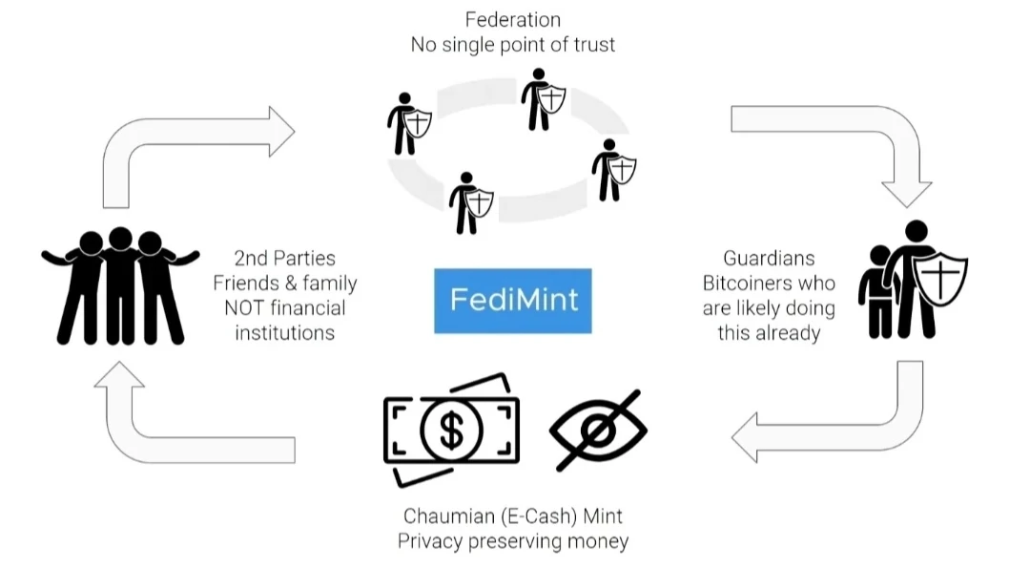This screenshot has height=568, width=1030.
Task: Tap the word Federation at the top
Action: click(513, 19)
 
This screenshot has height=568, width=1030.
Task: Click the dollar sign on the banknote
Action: click(451, 430)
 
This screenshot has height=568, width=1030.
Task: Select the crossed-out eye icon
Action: click(598, 429)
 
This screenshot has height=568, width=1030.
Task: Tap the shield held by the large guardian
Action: click(939, 278)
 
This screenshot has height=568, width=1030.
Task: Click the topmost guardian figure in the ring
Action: click(540, 99)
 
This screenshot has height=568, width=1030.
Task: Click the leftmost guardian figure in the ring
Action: click(404, 124)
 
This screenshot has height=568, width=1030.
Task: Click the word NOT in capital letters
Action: click(244, 307)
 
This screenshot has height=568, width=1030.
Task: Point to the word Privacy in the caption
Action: click(430, 541)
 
